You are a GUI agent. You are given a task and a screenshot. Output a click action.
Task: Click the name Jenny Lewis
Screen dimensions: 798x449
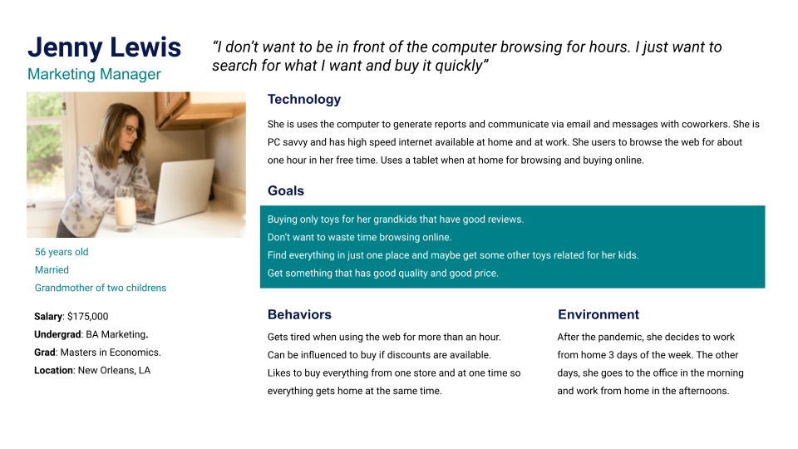pyautogui.click(x=105, y=47)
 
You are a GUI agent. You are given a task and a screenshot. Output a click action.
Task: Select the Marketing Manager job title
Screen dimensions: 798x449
pyautogui.click(x=94, y=74)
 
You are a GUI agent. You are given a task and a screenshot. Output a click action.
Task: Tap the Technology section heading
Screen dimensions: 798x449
pyautogui.click(x=304, y=99)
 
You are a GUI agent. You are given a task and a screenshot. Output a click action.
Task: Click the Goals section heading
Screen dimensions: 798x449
pyautogui.click(x=286, y=191)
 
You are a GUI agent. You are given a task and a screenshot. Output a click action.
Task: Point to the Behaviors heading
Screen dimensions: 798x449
pyautogui.click(x=300, y=314)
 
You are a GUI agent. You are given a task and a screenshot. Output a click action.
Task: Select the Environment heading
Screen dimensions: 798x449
pyautogui.click(x=598, y=314)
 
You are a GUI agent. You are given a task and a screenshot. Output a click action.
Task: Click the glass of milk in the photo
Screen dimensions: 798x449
pyautogui.click(x=125, y=207)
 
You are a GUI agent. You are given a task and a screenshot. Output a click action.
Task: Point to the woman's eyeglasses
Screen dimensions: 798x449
pyautogui.click(x=131, y=131)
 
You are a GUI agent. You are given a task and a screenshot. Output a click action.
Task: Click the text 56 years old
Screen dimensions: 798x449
pyautogui.click(x=62, y=252)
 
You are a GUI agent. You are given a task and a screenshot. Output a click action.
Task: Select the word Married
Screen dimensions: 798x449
pyautogui.click(x=52, y=269)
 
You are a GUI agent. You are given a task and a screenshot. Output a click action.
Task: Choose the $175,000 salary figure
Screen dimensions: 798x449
pyautogui.click(x=87, y=317)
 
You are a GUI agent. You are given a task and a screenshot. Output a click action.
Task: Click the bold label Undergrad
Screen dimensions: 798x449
pyautogui.click(x=57, y=334)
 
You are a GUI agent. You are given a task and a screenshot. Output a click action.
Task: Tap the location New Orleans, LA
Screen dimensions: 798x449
pyautogui.click(x=114, y=371)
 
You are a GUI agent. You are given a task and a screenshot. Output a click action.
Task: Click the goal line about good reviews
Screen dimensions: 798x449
pyautogui.click(x=396, y=220)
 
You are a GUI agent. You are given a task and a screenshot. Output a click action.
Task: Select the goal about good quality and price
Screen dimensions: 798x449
pyautogui.click(x=382, y=274)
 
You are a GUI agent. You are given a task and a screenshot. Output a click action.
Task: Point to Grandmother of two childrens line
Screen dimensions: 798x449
pyautogui.click(x=101, y=289)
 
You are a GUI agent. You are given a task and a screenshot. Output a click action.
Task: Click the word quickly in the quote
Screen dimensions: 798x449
pyautogui.click(x=459, y=66)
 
